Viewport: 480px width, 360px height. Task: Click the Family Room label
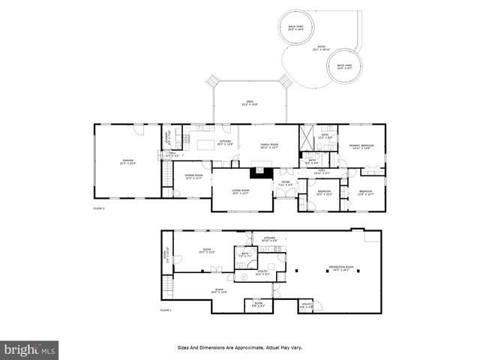pos(269,146)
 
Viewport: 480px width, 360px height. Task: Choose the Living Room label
pos(240,192)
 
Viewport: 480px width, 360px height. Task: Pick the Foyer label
pos(285,184)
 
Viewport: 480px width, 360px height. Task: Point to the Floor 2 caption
pos(99,208)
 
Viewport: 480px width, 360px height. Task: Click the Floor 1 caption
pos(166,310)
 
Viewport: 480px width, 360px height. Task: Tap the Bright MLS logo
pos(30,349)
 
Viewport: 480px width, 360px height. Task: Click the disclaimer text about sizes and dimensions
pos(240,348)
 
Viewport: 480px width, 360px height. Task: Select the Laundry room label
pos(167,137)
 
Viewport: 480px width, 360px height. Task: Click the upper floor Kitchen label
pos(226,142)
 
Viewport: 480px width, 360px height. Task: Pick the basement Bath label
pos(244,255)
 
